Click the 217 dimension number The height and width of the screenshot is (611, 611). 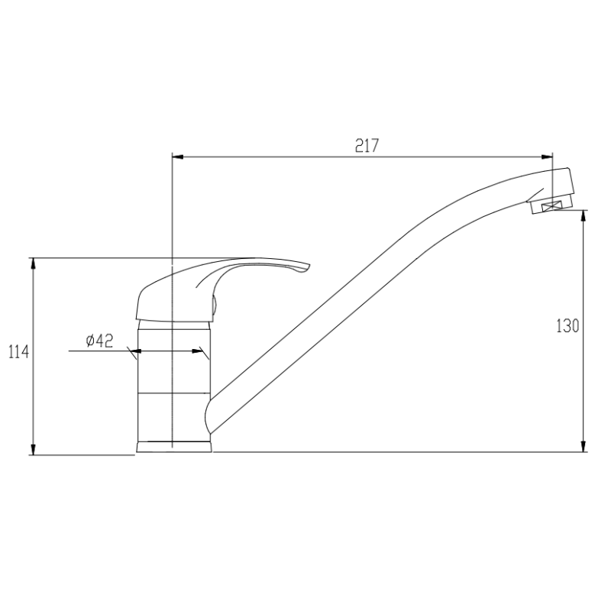367,145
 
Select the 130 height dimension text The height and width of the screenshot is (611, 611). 567,326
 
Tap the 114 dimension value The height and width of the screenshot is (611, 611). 18,352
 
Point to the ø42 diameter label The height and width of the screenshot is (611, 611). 99,341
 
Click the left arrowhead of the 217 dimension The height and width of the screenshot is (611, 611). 179,158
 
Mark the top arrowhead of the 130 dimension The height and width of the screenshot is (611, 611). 584,217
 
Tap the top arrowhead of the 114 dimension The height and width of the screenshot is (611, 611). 33,263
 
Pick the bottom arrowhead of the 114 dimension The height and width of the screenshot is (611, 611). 33,449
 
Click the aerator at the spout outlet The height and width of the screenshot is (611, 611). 551,205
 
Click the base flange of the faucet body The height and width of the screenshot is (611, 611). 174,446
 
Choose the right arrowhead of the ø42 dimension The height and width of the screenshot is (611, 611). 204,352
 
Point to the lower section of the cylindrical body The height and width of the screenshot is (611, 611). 173,416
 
